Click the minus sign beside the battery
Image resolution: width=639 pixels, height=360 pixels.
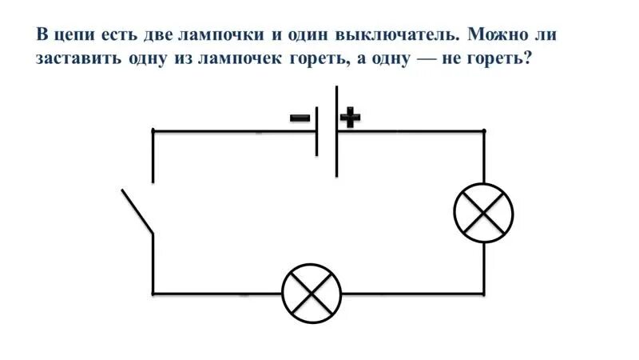click(x=300, y=118)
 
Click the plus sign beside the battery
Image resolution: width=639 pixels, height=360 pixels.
click(x=350, y=118)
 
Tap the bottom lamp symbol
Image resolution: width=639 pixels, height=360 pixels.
click(x=312, y=294)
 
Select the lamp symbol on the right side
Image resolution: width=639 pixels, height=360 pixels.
click(x=483, y=212)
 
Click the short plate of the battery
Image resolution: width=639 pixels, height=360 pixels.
click(x=317, y=130)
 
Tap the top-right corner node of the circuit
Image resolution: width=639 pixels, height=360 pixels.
click(x=483, y=130)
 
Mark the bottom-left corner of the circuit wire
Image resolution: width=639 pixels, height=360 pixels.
click(x=153, y=294)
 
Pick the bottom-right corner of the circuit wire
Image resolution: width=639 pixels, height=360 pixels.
click(x=483, y=294)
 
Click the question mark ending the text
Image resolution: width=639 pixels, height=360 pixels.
click(x=527, y=61)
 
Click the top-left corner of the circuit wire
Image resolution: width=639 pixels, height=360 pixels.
click(x=153, y=130)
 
